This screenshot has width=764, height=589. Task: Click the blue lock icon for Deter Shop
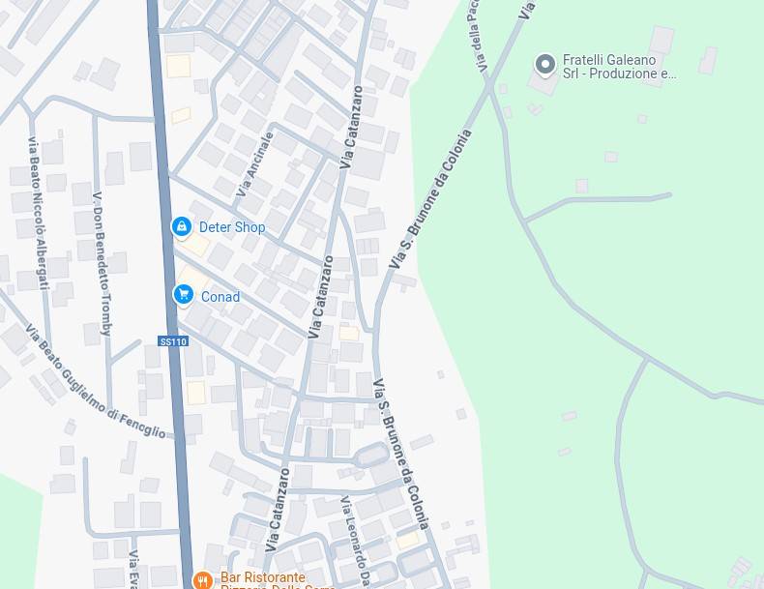pos(181,226)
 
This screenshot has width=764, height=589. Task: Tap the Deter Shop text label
pos(232,227)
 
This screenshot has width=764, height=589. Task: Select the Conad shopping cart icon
pos(183,295)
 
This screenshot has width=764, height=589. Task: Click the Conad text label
pos(220,297)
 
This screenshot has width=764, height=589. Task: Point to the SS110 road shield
pos(172,341)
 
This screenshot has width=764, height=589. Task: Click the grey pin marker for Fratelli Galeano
pos(545,65)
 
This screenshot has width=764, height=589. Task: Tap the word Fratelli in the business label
pos(586,59)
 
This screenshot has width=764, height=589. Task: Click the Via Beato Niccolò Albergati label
pos(38,213)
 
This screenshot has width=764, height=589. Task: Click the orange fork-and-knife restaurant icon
pos(202,579)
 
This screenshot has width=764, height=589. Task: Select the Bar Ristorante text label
pos(263,577)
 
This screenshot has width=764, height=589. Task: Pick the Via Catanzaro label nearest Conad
pos(320,297)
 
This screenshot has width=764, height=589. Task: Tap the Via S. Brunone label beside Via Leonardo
pos(401,455)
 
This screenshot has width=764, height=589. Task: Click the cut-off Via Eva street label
pos(134,570)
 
